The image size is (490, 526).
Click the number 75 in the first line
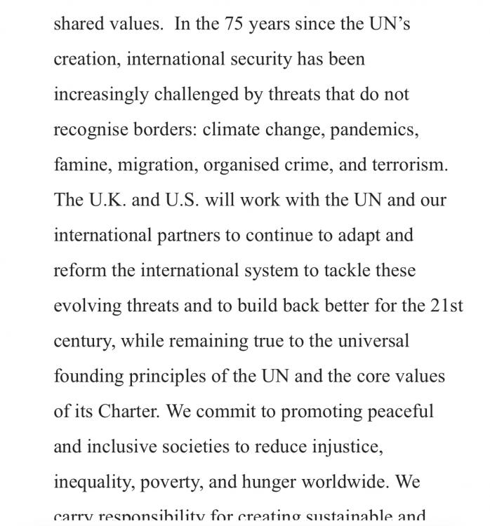point(235,24)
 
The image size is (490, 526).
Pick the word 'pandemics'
point(374,130)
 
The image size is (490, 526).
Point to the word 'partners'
point(188,235)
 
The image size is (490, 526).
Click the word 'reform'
point(79,270)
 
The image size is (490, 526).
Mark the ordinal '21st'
point(446,305)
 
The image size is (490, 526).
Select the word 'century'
point(84,341)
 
